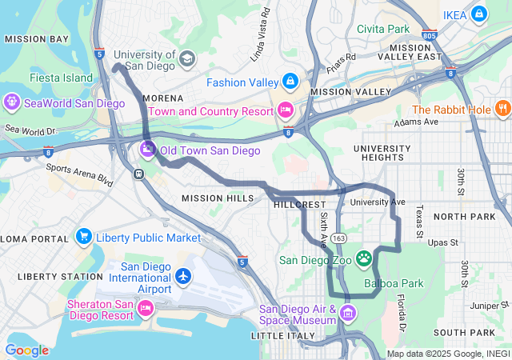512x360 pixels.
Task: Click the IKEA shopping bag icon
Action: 479,14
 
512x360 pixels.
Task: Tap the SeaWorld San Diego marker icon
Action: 13,102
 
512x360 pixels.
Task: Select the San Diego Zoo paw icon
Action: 364,258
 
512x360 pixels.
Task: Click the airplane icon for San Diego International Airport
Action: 184,276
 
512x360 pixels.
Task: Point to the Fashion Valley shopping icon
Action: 289,82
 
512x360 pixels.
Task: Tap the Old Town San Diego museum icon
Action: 148,149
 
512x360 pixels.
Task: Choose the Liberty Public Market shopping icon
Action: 84,237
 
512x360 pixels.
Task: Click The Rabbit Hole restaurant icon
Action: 502,109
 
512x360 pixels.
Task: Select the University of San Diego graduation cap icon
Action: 186,58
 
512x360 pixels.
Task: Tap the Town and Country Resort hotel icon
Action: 286,110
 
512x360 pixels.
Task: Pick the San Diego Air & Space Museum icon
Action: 347,312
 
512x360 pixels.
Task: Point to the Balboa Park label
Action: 393,283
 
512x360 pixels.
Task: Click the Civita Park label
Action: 382,29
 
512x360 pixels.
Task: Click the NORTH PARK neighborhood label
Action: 466,217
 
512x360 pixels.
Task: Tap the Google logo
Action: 26,350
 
